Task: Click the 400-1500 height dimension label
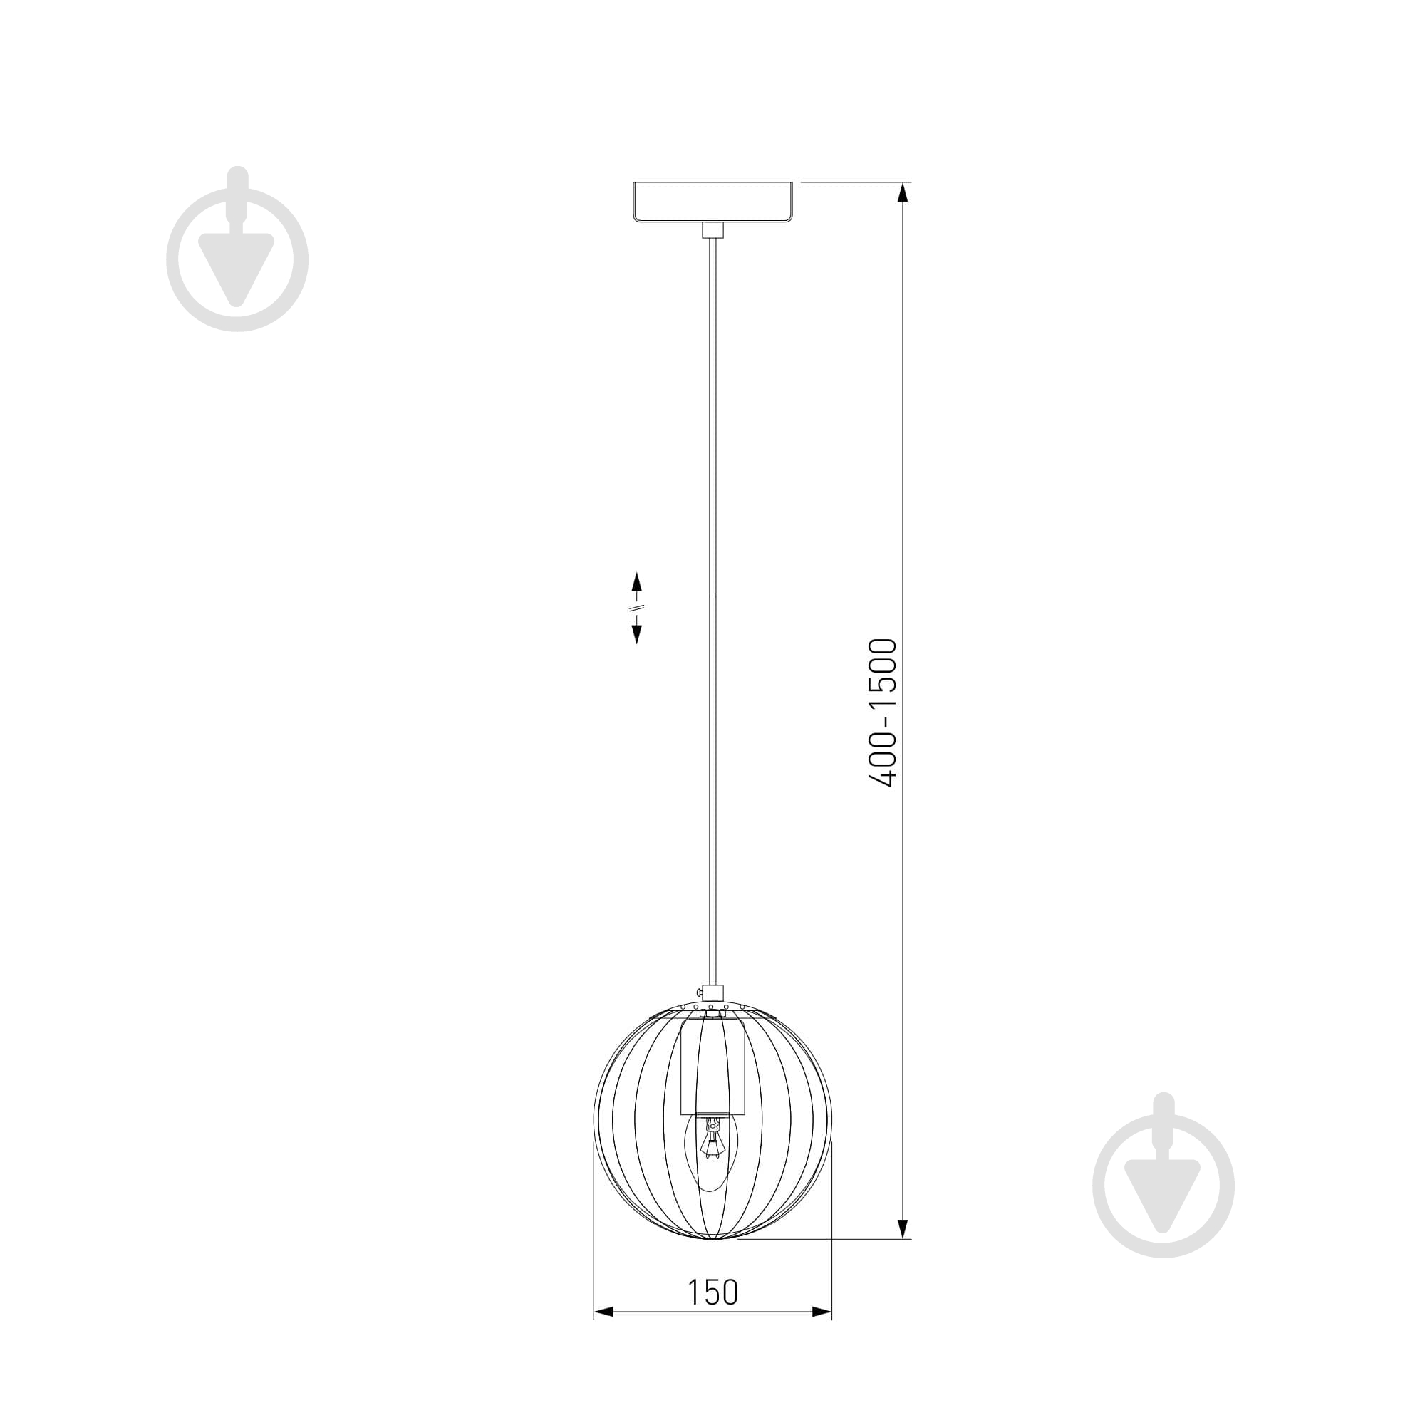click(883, 712)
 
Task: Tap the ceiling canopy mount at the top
click(712, 202)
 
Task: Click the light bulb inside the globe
click(712, 1153)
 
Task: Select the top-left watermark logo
click(237, 249)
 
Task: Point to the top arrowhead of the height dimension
click(902, 192)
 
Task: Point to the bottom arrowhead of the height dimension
click(902, 1228)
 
